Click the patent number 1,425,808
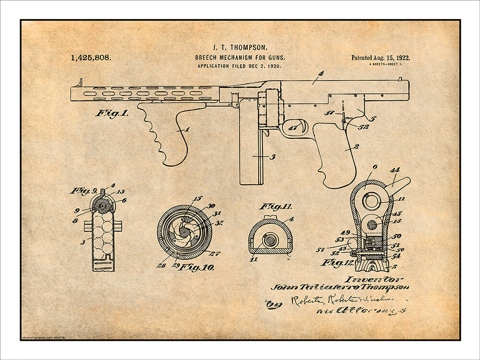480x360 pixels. click(x=91, y=58)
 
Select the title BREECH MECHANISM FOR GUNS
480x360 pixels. click(x=240, y=57)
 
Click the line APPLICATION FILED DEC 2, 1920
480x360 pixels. click(x=240, y=66)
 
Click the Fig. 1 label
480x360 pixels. click(x=112, y=114)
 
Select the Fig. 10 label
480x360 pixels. click(x=197, y=267)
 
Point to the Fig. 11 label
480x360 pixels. click(x=276, y=207)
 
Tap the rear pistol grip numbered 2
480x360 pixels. click(x=336, y=154)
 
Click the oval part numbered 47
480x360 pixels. click(x=294, y=127)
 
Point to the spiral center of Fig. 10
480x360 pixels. click(x=184, y=231)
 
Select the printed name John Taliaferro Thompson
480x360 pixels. click(x=341, y=288)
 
